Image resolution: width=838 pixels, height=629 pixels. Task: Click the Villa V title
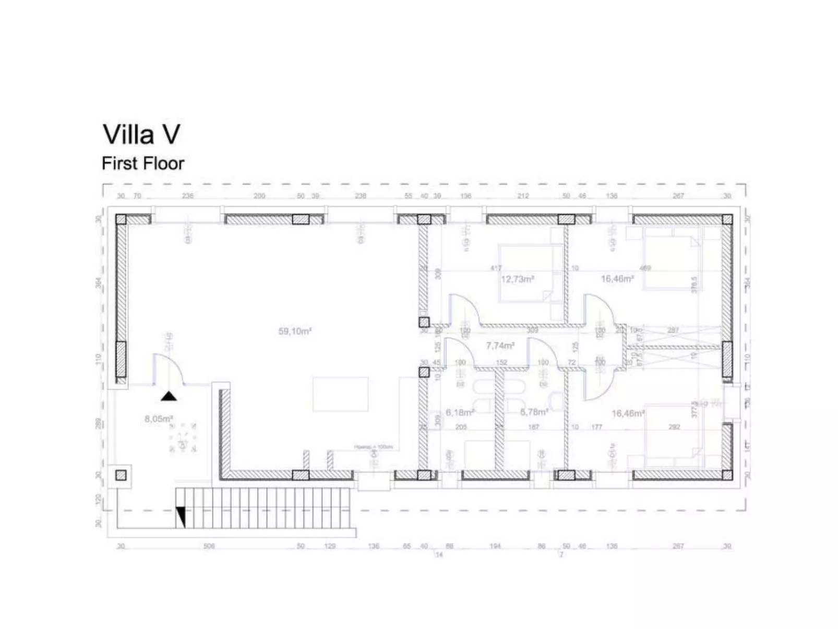141,134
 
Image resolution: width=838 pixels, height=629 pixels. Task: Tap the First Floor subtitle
143,163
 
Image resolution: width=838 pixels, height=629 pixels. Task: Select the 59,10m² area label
295,331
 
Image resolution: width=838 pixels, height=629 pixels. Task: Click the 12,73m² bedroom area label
517,279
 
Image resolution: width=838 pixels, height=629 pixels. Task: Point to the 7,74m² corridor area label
500,346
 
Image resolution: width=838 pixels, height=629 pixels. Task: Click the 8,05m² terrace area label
159,419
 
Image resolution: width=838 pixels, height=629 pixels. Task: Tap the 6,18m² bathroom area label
460,412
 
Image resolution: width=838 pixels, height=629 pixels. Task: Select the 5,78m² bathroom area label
534,412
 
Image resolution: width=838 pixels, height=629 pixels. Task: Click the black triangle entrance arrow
168,396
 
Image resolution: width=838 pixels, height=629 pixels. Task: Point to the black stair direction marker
181,516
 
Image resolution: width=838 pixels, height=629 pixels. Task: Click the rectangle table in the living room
340,394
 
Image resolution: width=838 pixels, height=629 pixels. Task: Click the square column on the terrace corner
121,475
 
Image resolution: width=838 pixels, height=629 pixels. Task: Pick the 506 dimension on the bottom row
209,546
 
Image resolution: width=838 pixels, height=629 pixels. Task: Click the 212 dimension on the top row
523,196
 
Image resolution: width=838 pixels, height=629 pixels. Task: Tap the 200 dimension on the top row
259,196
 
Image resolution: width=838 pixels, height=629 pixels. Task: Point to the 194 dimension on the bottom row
495,546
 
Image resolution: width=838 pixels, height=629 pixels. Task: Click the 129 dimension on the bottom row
330,546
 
